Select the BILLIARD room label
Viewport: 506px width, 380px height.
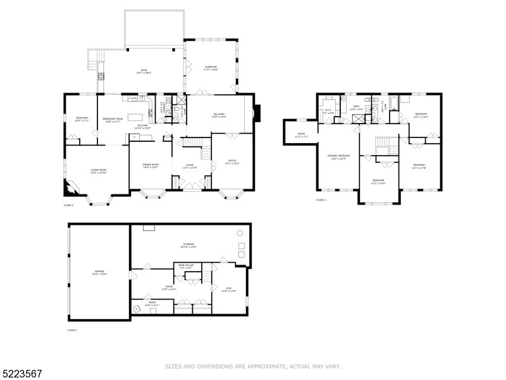218,115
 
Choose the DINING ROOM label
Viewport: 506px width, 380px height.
151,165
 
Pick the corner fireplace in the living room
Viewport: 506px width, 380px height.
68,187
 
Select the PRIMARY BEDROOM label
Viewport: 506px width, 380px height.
338,156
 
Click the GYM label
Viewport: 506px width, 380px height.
229,289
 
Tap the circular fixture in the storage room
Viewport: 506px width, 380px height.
240,232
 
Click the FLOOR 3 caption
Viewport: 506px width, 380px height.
321,200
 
